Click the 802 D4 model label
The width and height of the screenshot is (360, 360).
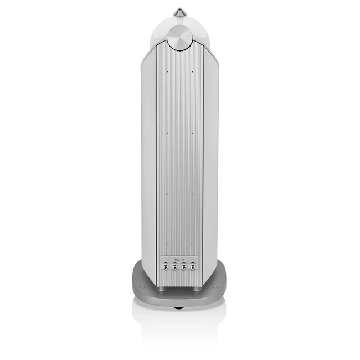tap(178, 259)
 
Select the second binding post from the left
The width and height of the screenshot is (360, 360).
tap(174, 267)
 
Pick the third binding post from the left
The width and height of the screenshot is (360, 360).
tap(184, 267)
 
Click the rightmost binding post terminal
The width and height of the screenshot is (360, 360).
tap(193, 267)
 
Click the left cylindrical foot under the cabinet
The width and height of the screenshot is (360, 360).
tap(160, 288)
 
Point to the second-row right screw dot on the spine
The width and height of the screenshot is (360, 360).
tap(192, 133)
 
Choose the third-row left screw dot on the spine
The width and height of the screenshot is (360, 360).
tap(166, 193)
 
